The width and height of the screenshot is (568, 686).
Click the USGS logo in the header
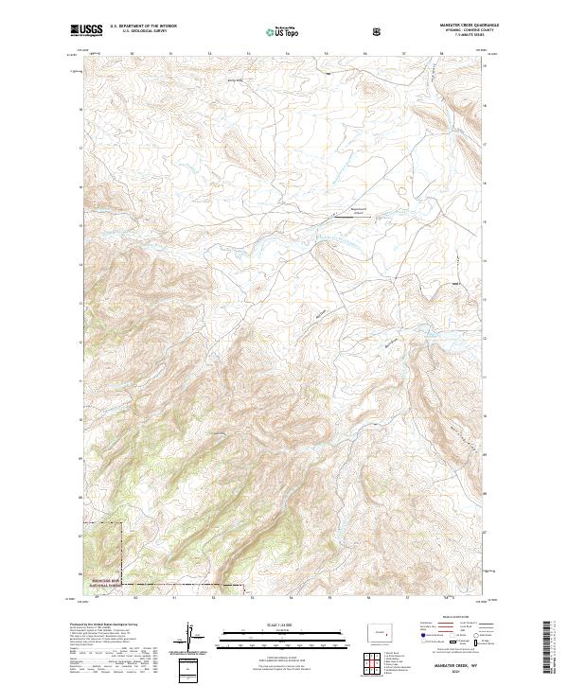[x=87, y=31]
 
